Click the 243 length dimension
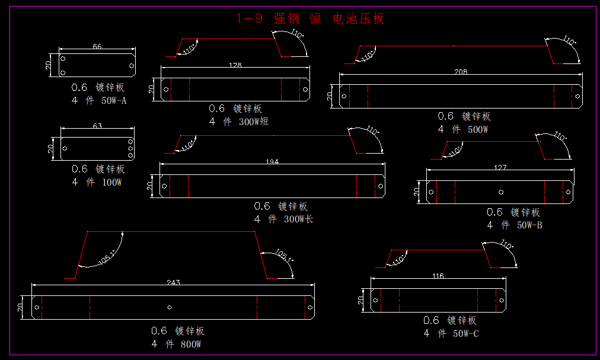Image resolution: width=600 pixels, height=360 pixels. tap(173, 283)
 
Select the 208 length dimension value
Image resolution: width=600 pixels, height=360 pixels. tap(461, 72)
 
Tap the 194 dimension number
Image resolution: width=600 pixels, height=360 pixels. tap(272, 161)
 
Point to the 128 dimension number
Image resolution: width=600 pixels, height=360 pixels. tap(235, 65)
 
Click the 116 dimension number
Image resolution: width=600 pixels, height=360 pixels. tap(438, 276)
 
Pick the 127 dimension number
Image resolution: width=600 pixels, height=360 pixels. tap(500, 168)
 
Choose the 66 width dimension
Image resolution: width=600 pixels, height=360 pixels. tap(97, 46)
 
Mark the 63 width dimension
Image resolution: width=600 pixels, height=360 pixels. tap(97, 126)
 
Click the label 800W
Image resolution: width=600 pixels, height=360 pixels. tap(191, 344)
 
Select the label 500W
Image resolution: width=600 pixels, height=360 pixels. tap(477, 129)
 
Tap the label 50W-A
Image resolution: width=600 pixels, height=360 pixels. tap(114, 101)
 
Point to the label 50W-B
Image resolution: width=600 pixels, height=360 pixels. tap(529, 225)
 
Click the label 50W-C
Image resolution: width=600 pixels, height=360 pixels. tap(466, 334)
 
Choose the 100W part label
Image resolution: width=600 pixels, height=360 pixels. tap(111, 183)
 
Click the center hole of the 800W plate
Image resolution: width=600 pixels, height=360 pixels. tap(170, 307)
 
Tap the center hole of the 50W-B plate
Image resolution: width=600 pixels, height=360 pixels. tap(501, 192)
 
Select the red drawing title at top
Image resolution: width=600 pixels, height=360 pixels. tap(310, 18)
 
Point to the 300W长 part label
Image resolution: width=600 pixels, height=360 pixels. tap(298, 219)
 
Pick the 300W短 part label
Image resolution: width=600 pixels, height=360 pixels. tap(254, 122)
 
